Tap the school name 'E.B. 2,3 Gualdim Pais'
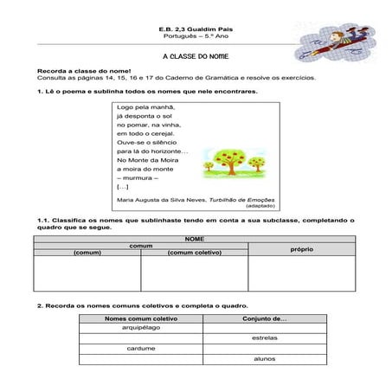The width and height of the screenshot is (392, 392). tap(195, 29)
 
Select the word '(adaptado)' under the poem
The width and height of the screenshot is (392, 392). tap(259, 207)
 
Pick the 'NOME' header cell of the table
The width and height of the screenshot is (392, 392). tap(195, 238)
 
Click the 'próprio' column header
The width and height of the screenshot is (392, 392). tap(301, 248)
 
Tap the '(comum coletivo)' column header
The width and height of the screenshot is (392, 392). tap(194, 253)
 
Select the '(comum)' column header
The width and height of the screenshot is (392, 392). tap(87, 253)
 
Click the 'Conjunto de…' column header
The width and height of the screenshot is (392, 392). tap(265, 319)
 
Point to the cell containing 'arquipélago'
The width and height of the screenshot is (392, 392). tap(141, 329)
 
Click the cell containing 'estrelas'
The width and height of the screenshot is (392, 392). tap(265, 338)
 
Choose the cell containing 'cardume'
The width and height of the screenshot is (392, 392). tap(141, 348)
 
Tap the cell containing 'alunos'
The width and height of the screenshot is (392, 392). tap(265, 357)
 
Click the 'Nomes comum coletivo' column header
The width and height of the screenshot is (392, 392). tap(141, 319)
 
